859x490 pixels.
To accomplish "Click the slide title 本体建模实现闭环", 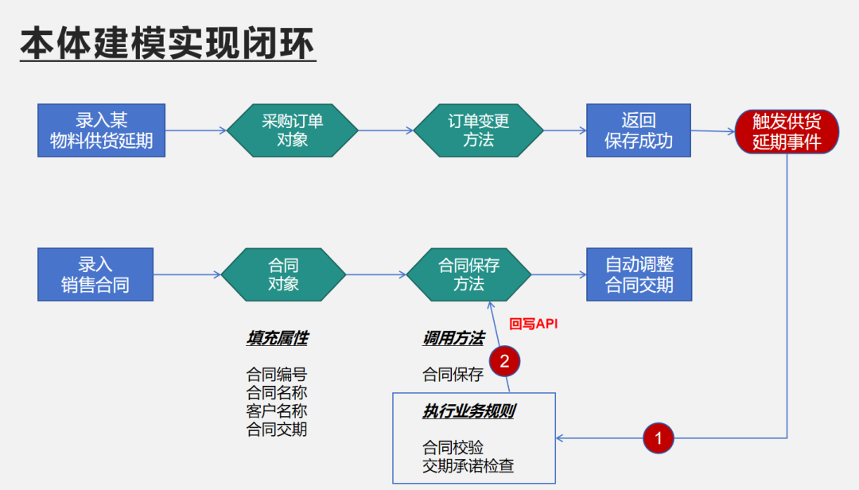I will coord(168,44).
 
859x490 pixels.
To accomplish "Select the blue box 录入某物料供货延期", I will coord(102,130).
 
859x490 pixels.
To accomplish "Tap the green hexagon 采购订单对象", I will coord(293,130).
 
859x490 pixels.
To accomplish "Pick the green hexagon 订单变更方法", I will coord(479,130).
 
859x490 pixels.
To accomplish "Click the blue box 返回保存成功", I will coord(639,130).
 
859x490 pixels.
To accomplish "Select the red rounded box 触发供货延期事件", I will coord(786,131).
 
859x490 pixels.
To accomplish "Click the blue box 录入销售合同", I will coord(95,274).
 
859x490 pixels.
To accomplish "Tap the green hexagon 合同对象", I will coord(283,274).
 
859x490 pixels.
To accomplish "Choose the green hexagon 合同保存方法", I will coord(469,274).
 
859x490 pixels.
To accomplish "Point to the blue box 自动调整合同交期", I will coord(639,274).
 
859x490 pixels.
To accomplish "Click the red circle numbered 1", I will coord(657,437).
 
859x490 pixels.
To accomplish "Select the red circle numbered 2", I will coord(504,360).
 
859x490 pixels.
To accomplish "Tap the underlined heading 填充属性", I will coord(277,338).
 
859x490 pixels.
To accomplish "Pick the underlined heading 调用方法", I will coord(453,338).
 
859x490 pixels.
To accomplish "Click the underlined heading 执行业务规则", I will coord(468,412).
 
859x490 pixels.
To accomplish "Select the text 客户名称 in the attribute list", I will coord(277,411).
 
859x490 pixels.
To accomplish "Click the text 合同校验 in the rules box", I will coord(453,448).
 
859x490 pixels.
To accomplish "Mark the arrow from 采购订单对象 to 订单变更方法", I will coord(386,130).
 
